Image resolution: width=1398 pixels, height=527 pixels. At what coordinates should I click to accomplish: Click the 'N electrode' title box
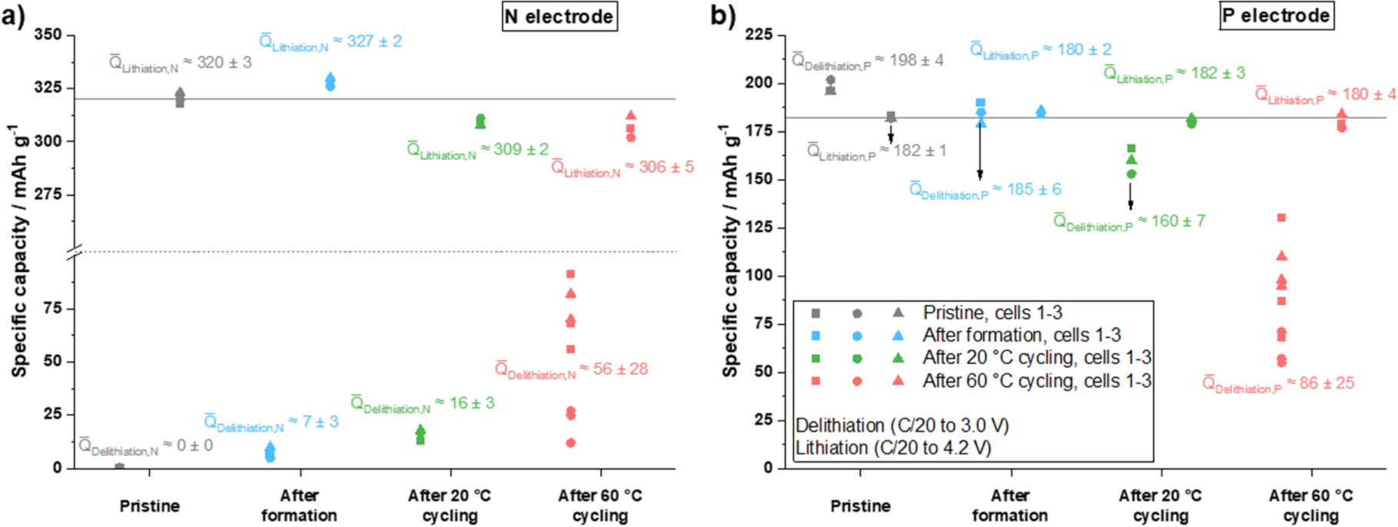[x=559, y=17]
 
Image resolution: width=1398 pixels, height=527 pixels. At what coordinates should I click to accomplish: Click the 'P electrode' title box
[x=1276, y=16]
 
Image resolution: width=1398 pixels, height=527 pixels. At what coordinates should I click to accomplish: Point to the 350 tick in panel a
[x=48, y=35]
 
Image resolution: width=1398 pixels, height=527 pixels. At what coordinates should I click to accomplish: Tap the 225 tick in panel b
[x=759, y=35]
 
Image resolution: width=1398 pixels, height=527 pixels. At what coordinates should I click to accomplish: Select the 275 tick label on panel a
[x=48, y=194]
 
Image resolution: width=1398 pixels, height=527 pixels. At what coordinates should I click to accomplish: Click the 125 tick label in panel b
[x=759, y=227]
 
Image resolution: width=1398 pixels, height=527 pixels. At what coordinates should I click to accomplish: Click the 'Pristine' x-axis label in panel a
[x=150, y=505]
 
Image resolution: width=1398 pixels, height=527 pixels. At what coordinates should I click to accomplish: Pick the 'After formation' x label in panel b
[x=1010, y=505]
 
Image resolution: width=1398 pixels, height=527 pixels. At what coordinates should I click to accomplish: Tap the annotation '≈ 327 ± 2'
[x=366, y=41]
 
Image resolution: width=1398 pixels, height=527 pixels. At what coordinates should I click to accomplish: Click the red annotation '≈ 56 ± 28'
[x=614, y=369]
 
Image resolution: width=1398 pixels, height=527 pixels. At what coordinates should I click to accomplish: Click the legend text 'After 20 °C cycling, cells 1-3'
[x=1037, y=358]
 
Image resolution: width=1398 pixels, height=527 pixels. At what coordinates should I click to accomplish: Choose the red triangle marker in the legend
[x=897, y=380]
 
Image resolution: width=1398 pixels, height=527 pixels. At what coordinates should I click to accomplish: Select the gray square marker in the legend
[x=816, y=313]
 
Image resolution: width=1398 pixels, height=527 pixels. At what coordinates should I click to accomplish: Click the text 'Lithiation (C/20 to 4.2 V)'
[x=893, y=448]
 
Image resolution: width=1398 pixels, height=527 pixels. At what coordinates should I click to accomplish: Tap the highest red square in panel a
[x=571, y=274]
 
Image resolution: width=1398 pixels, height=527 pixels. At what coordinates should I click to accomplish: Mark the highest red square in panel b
[x=1281, y=218]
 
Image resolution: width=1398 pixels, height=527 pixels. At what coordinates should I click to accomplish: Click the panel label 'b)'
[x=723, y=15]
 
